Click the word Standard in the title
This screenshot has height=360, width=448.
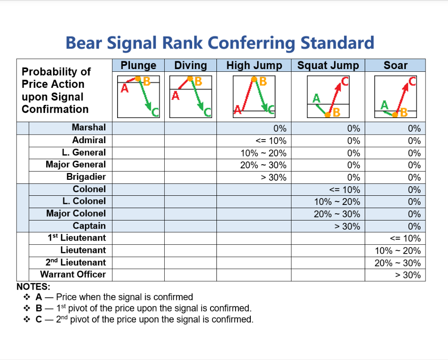click(337, 43)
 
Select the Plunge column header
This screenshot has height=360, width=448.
click(138, 65)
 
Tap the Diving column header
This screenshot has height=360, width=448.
click(190, 65)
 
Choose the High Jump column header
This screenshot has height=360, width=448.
click(254, 65)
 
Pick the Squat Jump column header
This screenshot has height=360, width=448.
click(328, 65)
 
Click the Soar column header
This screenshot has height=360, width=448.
click(395, 65)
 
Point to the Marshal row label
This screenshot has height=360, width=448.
click(89, 128)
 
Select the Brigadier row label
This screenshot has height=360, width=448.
click(86, 177)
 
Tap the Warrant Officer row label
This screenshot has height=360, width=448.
click(73, 274)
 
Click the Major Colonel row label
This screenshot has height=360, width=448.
click(76, 214)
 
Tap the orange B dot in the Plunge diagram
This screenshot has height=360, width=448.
click(138, 79)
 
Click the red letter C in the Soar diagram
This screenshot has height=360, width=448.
click(412, 82)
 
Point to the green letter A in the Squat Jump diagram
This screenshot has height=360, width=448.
click(316, 98)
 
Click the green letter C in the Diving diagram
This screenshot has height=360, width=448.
click(207, 112)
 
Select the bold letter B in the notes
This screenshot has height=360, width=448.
click(39, 308)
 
